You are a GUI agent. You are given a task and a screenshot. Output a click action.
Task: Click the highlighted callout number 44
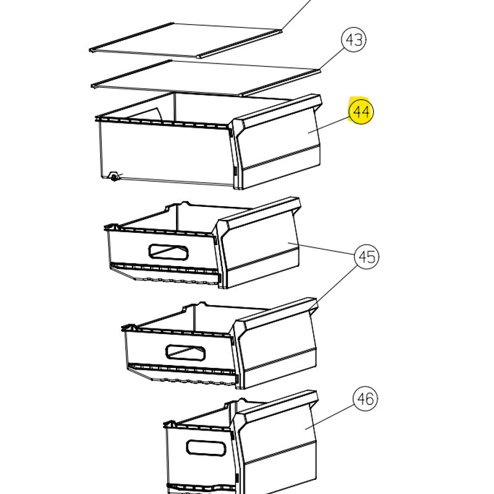click(x=361, y=111)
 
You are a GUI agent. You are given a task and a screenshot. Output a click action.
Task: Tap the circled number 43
click(x=354, y=40)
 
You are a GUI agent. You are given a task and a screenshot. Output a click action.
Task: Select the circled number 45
click(x=367, y=256)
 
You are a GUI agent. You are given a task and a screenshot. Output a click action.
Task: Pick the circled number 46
click(x=365, y=399)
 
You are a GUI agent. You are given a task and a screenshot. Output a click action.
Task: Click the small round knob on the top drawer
click(x=114, y=177)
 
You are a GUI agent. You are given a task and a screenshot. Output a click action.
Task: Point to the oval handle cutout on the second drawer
click(x=169, y=252)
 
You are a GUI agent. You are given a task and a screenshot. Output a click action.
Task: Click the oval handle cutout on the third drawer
click(x=186, y=353)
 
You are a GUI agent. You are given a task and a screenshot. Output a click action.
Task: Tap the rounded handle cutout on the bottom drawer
click(x=206, y=447)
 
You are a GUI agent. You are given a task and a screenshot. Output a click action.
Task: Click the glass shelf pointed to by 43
click(x=206, y=78)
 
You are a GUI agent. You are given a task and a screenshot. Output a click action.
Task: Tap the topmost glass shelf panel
click(x=186, y=40)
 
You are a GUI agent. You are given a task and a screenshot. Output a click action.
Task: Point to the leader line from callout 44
click(x=329, y=125)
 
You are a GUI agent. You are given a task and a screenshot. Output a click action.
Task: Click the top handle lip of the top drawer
click(x=277, y=109)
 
